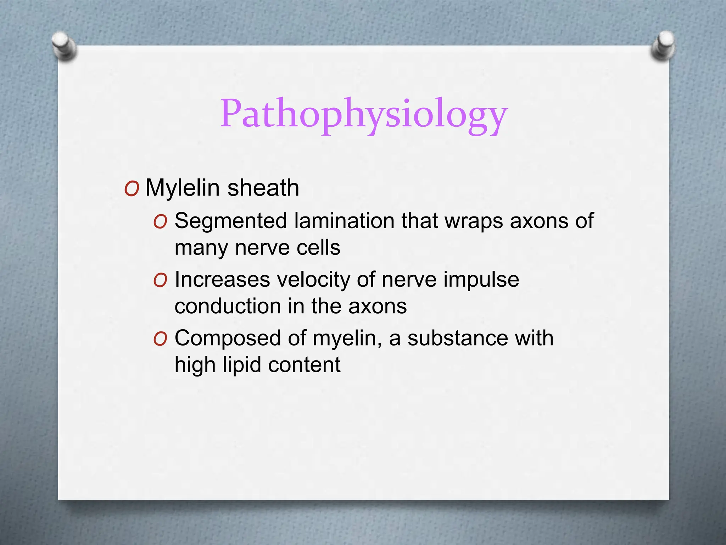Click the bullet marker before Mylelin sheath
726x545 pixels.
[132, 189]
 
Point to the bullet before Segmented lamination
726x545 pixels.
[160, 222]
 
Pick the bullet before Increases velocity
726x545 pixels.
[160, 281]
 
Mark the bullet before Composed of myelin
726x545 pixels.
[160, 339]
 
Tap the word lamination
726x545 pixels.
[344, 221]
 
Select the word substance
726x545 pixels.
[458, 338]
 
